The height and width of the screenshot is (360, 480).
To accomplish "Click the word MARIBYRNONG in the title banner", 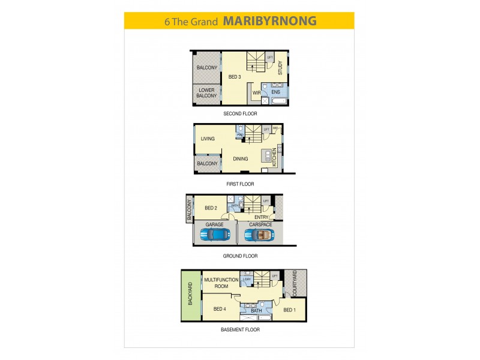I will [x=270, y=21].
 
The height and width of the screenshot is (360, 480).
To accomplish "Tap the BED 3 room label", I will [x=235, y=77].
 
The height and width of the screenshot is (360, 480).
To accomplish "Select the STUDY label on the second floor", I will [x=280, y=68].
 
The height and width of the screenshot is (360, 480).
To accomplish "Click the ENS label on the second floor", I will [x=275, y=92].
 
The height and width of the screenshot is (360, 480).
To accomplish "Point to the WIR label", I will [x=256, y=92].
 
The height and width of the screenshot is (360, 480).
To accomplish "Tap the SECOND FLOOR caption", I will [x=240, y=113].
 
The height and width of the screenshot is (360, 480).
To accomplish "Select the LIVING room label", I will [x=208, y=139].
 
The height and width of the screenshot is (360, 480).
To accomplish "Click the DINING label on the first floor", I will [x=233, y=158].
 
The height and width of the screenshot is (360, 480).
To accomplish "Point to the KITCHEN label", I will [x=275, y=157].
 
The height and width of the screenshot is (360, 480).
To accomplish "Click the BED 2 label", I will [x=211, y=208].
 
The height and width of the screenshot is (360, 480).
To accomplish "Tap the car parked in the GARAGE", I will [x=215, y=235].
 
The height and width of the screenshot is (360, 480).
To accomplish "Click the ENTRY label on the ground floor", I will [x=262, y=217].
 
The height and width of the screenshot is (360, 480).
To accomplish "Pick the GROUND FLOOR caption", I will [x=240, y=256].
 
